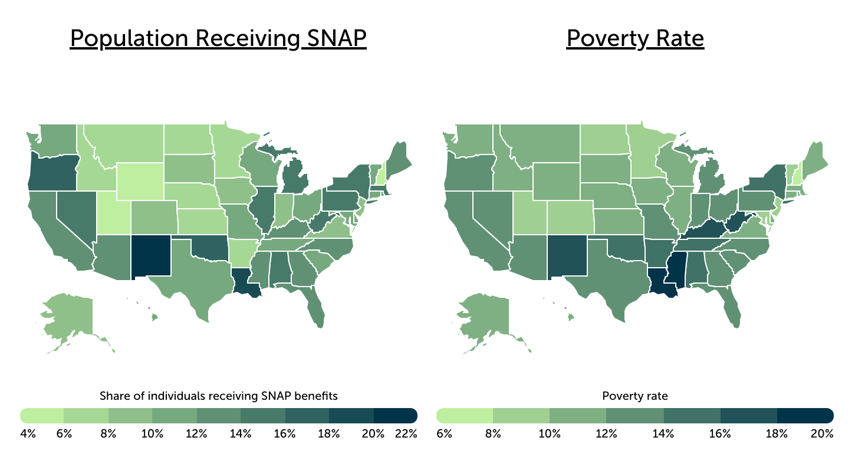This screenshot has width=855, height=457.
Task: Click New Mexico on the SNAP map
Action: [x=150, y=255]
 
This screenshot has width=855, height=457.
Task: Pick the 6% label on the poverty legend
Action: [x=444, y=434]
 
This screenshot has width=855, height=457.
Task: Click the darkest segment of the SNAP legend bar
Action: [x=395, y=415]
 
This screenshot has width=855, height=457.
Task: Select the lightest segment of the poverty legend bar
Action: [x=465, y=415]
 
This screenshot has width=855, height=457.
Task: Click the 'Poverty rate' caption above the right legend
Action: [x=634, y=396]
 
